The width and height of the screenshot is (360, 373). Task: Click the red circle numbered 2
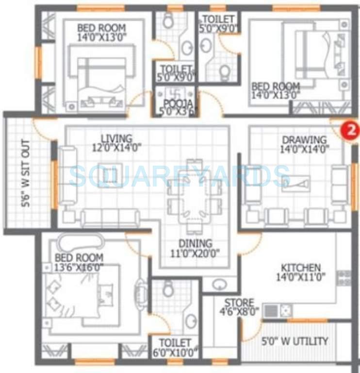point(349,130)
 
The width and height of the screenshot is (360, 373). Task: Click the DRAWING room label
point(304,140)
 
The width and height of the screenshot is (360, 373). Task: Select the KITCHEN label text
point(301,268)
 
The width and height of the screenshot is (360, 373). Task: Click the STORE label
point(238,303)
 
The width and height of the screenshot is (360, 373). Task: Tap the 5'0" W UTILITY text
point(295,341)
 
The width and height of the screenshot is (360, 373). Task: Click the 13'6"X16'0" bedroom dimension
point(79,266)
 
